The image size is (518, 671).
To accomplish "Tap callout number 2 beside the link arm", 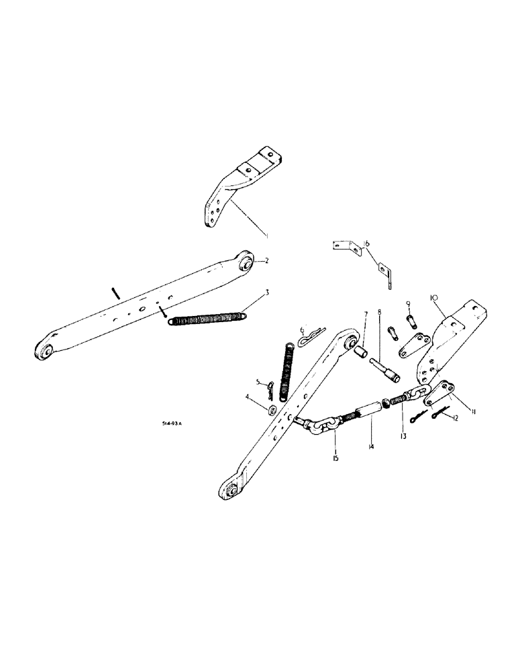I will coord(266,262).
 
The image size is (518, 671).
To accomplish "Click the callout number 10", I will coord(434,296).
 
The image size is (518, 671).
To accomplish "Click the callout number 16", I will coord(366,243).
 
